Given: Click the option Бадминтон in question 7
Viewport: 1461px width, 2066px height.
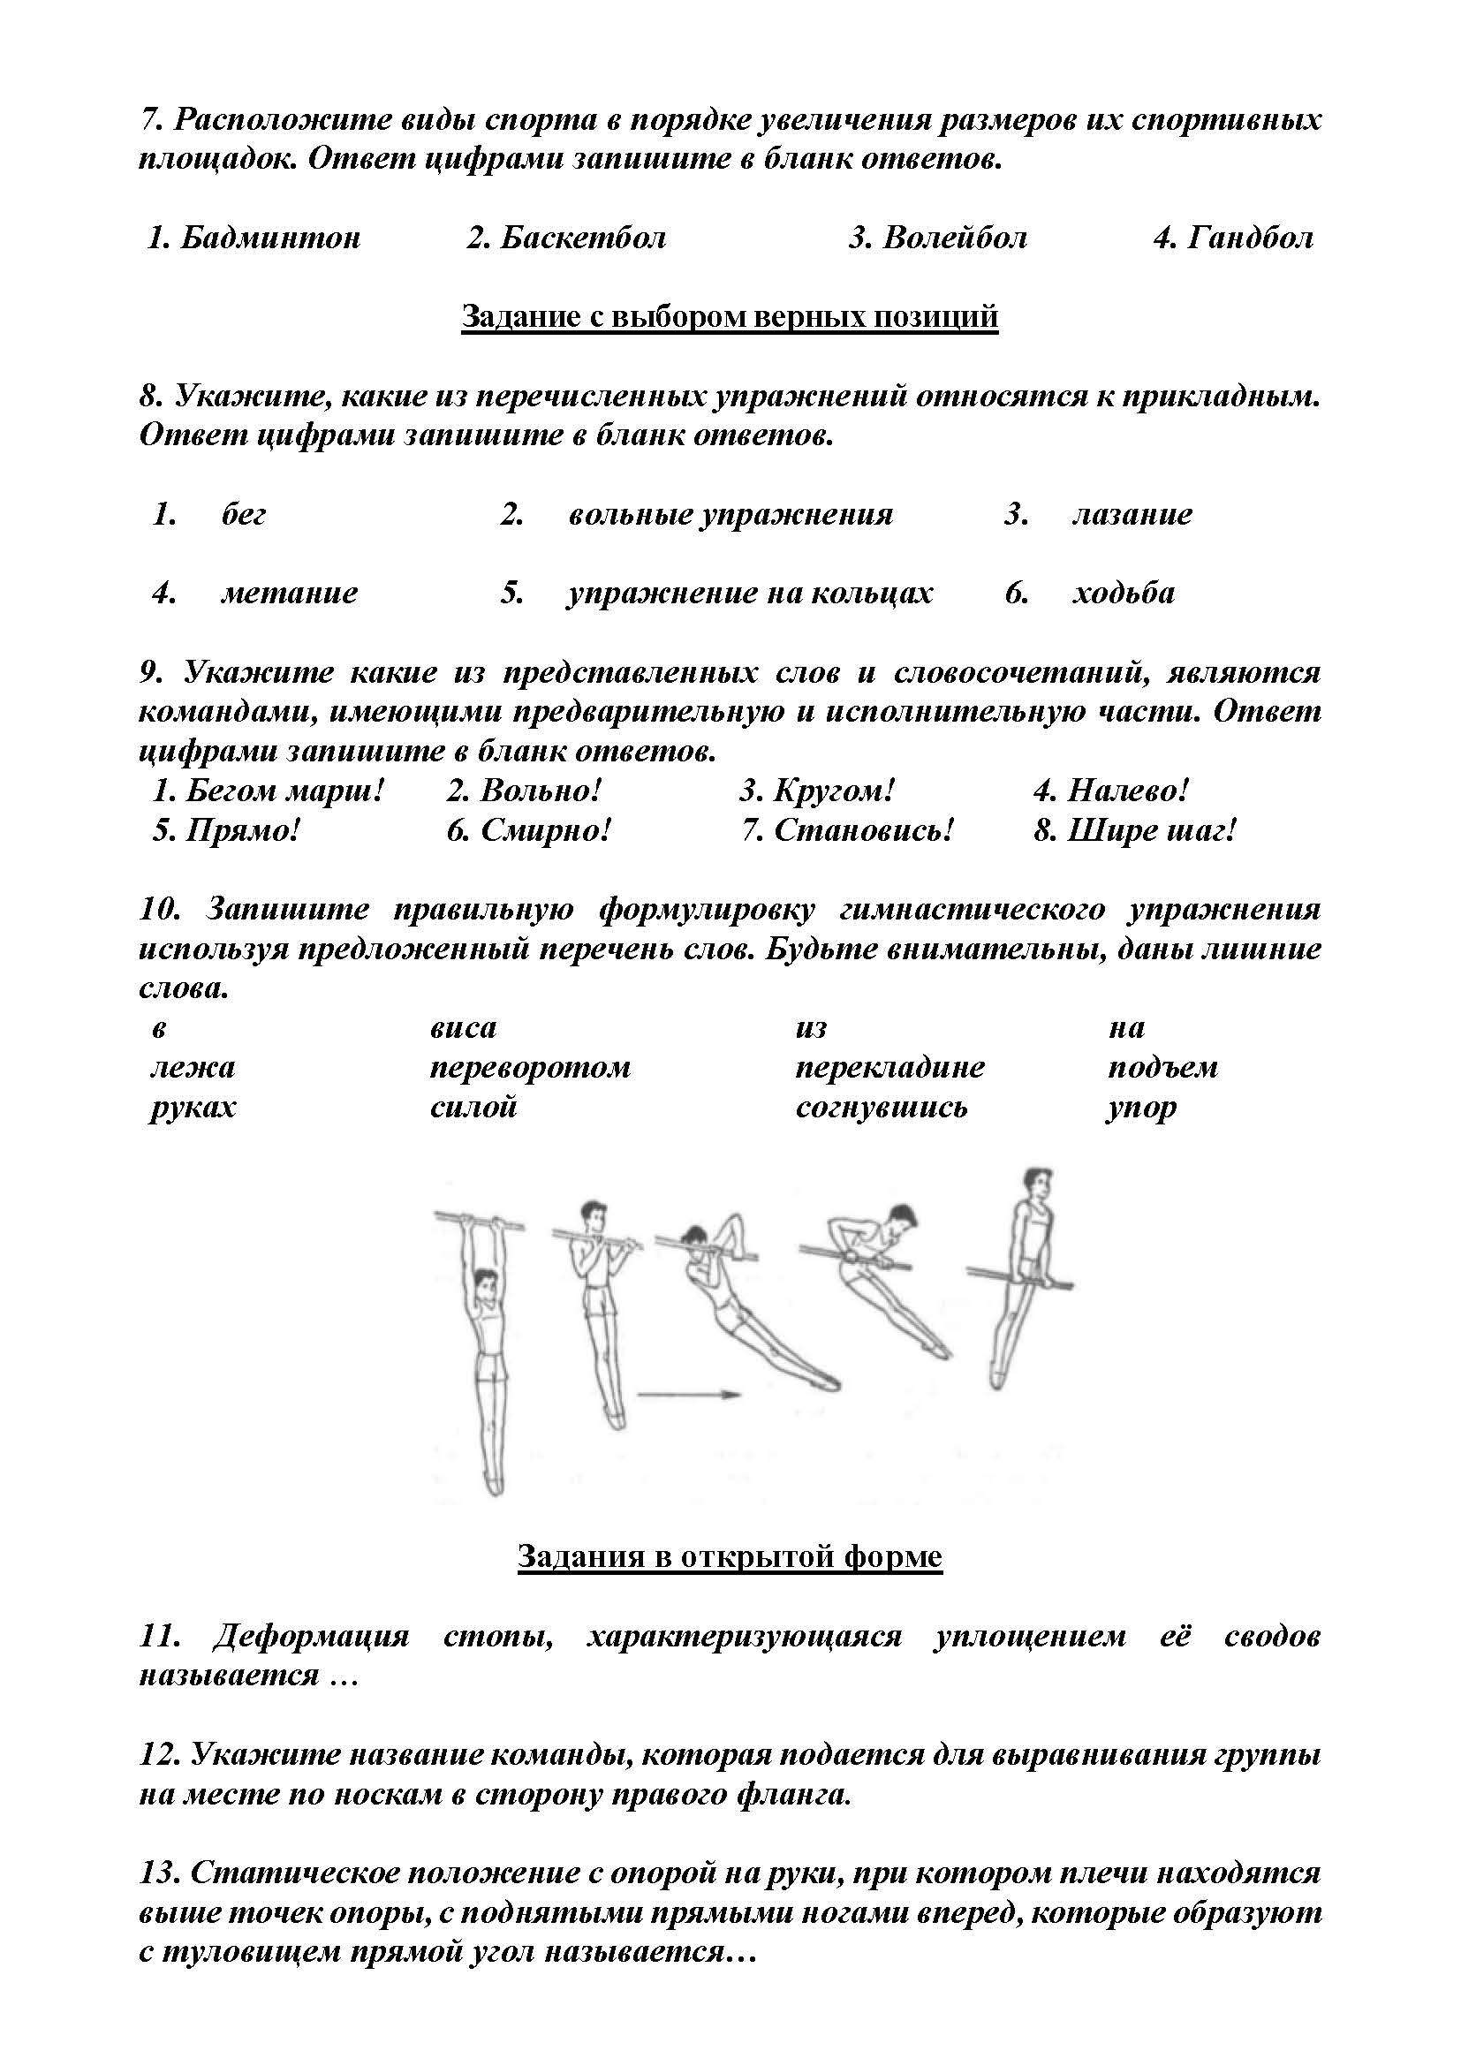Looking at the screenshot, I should pyautogui.click(x=270, y=238).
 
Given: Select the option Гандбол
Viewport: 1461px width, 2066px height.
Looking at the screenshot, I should pyautogui.click(x=1250, y=238).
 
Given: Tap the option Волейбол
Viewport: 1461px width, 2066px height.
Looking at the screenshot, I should pyautogui.click(x=955, y=238).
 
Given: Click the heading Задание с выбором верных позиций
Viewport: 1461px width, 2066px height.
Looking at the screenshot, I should pyautogui.click(x=730, y=317).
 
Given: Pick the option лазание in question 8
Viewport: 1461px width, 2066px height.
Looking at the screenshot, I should pyautogui.click(x=1132, y=515).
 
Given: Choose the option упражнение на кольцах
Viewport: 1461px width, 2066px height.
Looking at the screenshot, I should pyautogui.click(x=749, y=593).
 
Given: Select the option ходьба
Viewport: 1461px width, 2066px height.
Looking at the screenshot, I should pyautogui.click(x=1124, y=593).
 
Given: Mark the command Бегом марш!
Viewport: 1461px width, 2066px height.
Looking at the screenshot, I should pyautogui.click(x=284, y=791).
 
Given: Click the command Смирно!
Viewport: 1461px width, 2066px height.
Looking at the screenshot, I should pyautogui.click(x=545, y=829).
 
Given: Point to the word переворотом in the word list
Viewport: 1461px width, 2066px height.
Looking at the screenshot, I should pyautogui.click(x=530, y=1068).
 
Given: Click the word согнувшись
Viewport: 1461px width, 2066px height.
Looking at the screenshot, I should pyautogui.click(x=881, y=1107).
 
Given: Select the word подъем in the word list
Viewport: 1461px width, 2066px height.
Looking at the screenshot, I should pyautogui.click(x=1162, y=1068).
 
